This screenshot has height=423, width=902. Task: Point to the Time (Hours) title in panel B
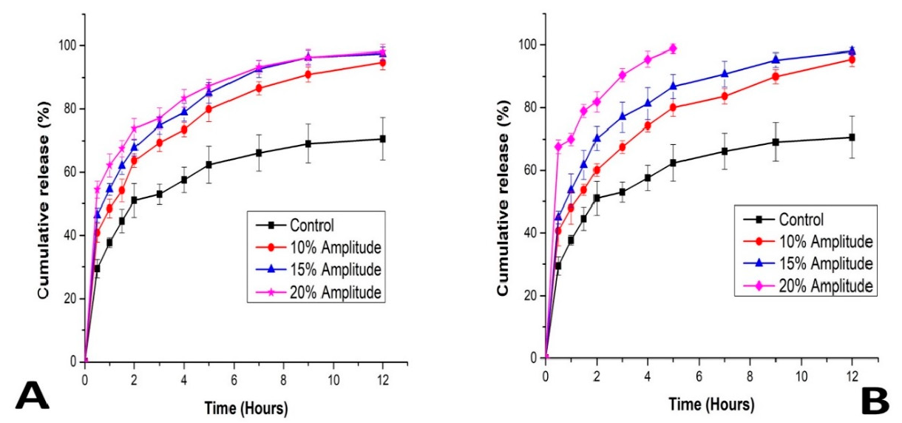712,405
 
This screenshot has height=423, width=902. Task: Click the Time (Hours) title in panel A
246,407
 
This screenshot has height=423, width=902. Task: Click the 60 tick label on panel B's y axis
532,170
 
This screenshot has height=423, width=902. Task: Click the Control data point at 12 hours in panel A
382,138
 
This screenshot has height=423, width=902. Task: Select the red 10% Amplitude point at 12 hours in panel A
382,63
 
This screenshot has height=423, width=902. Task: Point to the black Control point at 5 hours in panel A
209,164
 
